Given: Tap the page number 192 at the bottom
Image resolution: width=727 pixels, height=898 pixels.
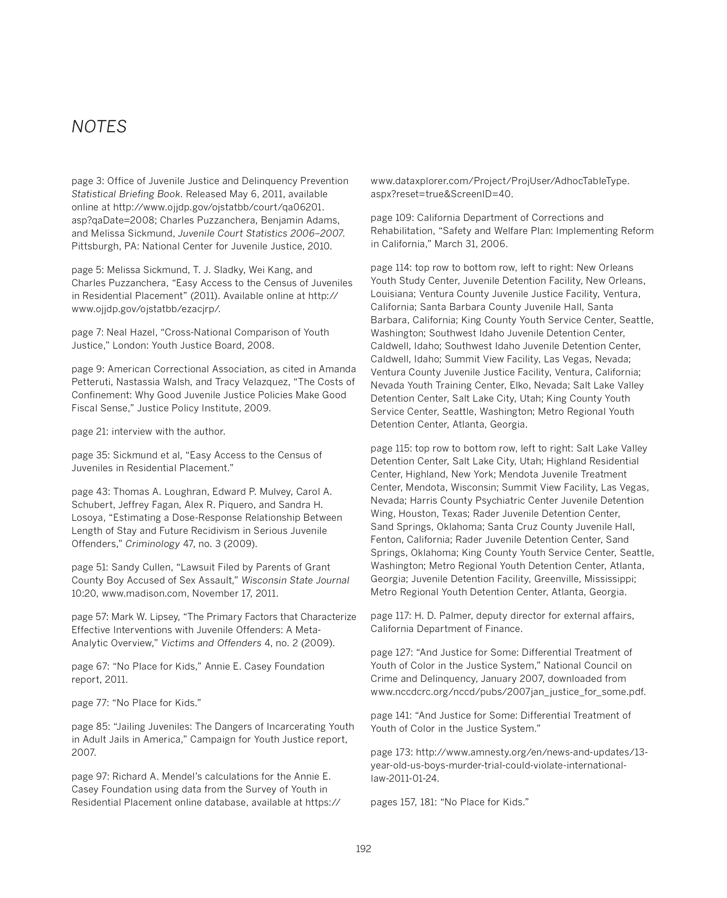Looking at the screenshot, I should tap(363, 849).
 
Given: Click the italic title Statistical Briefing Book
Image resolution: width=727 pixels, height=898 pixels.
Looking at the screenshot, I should tap(126, 194).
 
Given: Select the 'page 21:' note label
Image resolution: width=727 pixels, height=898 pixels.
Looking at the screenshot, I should tap(90, 431).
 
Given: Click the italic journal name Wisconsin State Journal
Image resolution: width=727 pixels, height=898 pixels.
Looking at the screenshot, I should tap(295, 580).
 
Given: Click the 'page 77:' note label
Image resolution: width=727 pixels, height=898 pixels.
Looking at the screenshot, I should tap(90, 703).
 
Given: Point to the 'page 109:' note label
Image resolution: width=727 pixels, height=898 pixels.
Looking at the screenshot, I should tap(392, 218).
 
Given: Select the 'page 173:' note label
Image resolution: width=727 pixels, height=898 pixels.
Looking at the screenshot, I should tap(392, 752).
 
